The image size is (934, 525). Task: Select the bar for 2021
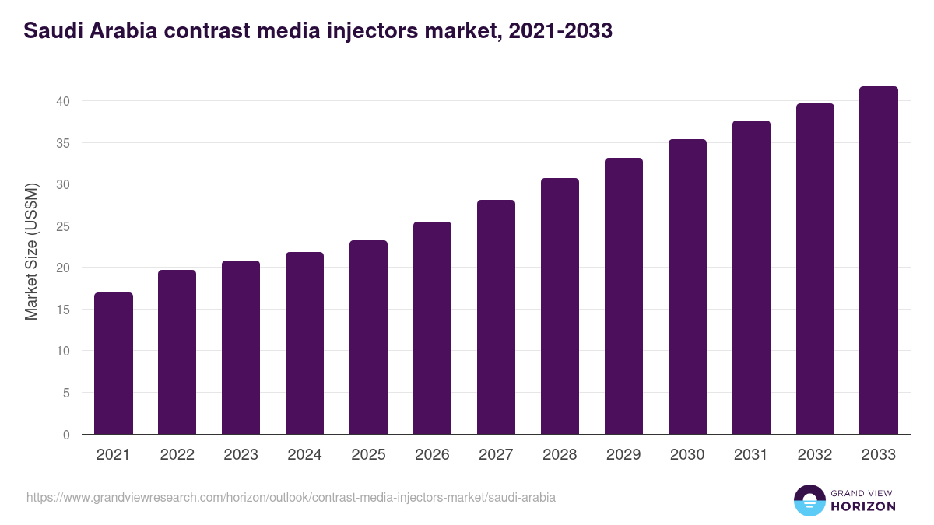(x=114, y=363)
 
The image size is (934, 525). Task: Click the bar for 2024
(x=305, y=343)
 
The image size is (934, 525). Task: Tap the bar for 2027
(x=496, y=317)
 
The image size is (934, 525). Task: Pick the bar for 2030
(x=687, y=287)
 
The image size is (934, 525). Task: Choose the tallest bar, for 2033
(x=879, y=261)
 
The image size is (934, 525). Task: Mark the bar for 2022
(x=177, y=352)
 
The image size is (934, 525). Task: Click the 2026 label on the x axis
(x=432, y=455)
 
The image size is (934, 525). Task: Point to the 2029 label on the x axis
(x=623, y=455)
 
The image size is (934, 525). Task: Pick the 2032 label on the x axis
(x=815, y=455)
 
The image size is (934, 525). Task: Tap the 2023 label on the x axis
(x=241, y=455)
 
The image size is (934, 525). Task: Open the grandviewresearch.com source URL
(x=291, y=497)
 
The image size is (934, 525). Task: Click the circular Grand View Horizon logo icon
(x=809, y=501)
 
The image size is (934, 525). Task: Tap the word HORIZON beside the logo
(x=862, y=506)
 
